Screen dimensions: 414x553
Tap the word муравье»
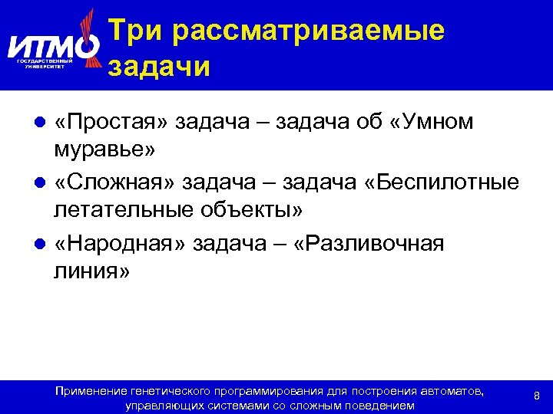pos(104,149)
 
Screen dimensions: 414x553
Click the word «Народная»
pos(119,243)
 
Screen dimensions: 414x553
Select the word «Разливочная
pos(369,243)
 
